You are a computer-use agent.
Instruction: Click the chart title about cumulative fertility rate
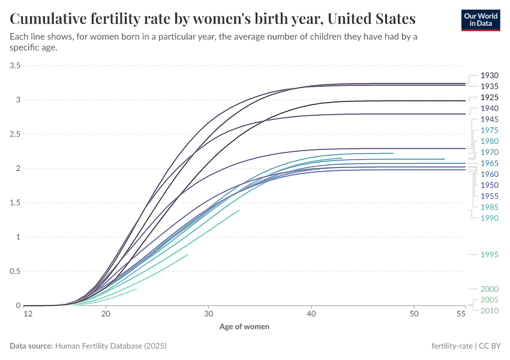click(x=213, y=19)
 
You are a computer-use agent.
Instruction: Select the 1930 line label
click(x=490, y=76)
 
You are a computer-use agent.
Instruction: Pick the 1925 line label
click(x=490, y=97)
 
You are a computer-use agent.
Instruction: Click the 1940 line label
click(x=490, y=109)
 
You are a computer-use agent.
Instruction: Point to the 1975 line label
click(x=490, y=130)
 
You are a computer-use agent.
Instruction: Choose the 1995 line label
click(x=490, y=255)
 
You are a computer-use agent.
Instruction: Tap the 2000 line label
click(x=490, y=289)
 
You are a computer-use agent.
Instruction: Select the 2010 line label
click(x=490, y=310)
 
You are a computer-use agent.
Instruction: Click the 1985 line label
click(x=490, y=207)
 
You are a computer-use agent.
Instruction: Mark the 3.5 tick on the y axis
click(x=15, y=65)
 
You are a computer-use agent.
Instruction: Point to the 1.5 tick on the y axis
click(x=15, y=203)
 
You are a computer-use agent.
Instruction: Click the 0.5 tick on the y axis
click(x=15, y=271)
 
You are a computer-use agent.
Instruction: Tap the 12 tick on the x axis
click(x=28, y=314)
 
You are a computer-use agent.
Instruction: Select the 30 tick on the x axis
click(x=208, y=314)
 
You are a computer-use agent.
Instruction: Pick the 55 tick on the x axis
click(x=461, y=314)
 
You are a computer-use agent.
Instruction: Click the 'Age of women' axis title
click(x=244, y=327)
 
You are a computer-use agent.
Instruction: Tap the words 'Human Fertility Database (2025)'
click(x=110, y=346)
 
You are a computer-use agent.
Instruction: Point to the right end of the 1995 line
click(x=188, y=254)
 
